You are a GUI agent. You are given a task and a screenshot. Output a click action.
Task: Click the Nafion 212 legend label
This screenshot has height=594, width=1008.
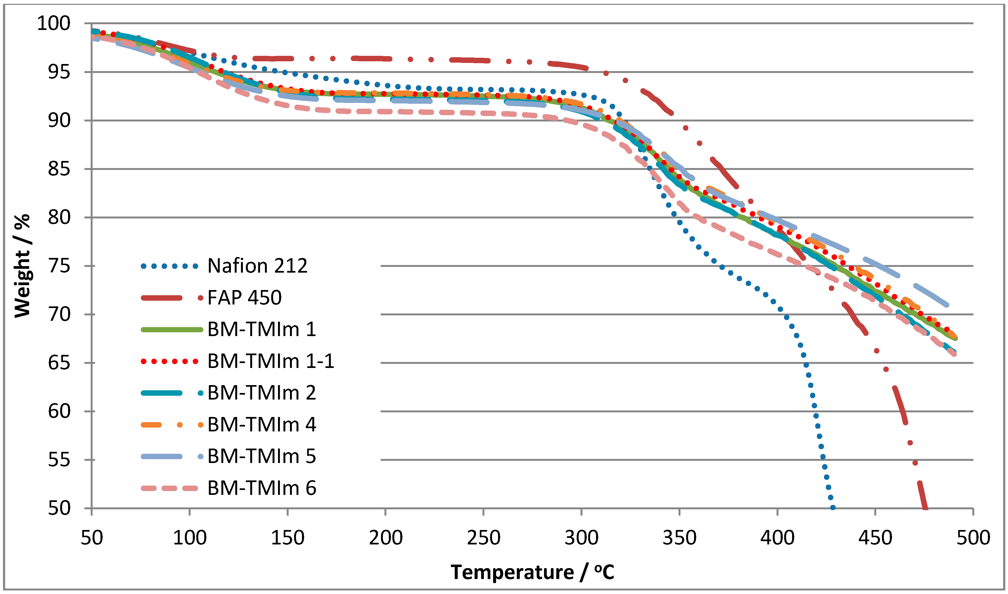pos(257,266)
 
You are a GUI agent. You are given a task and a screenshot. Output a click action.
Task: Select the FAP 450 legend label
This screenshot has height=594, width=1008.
pos(245,297)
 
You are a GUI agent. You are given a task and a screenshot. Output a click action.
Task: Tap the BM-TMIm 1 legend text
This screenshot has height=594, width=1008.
pos(262,330)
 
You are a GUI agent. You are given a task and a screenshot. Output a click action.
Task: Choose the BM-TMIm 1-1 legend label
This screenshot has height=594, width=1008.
pos(270,361)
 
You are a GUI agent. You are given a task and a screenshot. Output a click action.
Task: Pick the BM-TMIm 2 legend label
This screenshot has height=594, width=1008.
pos(262,393)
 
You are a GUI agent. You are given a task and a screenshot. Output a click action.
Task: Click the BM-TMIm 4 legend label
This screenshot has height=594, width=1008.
pos(262,425)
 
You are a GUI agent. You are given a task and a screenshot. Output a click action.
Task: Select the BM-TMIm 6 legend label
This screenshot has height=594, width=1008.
pos(262,488)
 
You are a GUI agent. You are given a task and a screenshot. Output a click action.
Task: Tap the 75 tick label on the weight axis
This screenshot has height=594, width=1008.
pos(59,266)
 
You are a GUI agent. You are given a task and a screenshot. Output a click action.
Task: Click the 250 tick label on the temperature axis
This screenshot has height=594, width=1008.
pos(483,538)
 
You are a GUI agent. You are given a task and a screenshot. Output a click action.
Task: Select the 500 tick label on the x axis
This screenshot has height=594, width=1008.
pos(973,538)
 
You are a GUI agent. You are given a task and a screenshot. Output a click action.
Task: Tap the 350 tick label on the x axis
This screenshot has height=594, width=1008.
pos(679,538)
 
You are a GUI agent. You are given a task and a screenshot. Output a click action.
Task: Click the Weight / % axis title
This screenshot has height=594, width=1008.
pos(22,266)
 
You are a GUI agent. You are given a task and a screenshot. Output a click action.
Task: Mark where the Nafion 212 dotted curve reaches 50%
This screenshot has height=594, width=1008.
pos(832,508)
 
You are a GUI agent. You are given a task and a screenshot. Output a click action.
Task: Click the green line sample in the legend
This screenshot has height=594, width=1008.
pos(172,330)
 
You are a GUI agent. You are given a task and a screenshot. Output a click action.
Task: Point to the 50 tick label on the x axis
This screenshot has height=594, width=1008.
pos(92,538)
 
